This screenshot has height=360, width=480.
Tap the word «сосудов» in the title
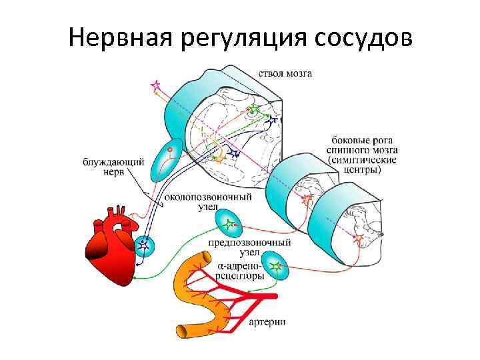pos(361,38)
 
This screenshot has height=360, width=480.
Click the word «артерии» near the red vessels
pos(268,323)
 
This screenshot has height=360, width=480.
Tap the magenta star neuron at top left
pos(157,85)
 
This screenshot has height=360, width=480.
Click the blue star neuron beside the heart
pos(143,247)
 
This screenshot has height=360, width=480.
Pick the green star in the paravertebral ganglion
pos(231,223)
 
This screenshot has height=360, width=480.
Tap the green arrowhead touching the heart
pos(135,276)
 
